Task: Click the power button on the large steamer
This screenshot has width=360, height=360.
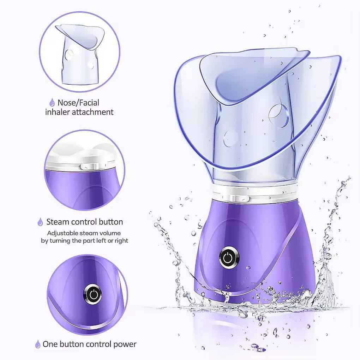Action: click(229, 258)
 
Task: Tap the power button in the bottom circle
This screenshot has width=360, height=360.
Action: click(93, 294)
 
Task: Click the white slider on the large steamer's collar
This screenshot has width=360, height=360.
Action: click(239, 198)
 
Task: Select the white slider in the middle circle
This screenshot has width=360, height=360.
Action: click(90, 167)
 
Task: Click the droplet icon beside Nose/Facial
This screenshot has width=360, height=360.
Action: click(52, 103)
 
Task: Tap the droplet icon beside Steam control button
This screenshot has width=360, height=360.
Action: click(40, 222)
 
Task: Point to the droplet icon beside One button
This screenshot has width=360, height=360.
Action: click(38, 344)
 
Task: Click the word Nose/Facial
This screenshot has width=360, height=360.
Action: click(78, 103)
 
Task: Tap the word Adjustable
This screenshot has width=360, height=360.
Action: click(63, 234)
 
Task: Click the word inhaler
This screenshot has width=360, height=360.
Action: click(58, 112)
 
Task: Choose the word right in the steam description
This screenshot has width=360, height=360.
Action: click(121, 241)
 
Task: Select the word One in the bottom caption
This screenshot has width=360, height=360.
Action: click(49, 344)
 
